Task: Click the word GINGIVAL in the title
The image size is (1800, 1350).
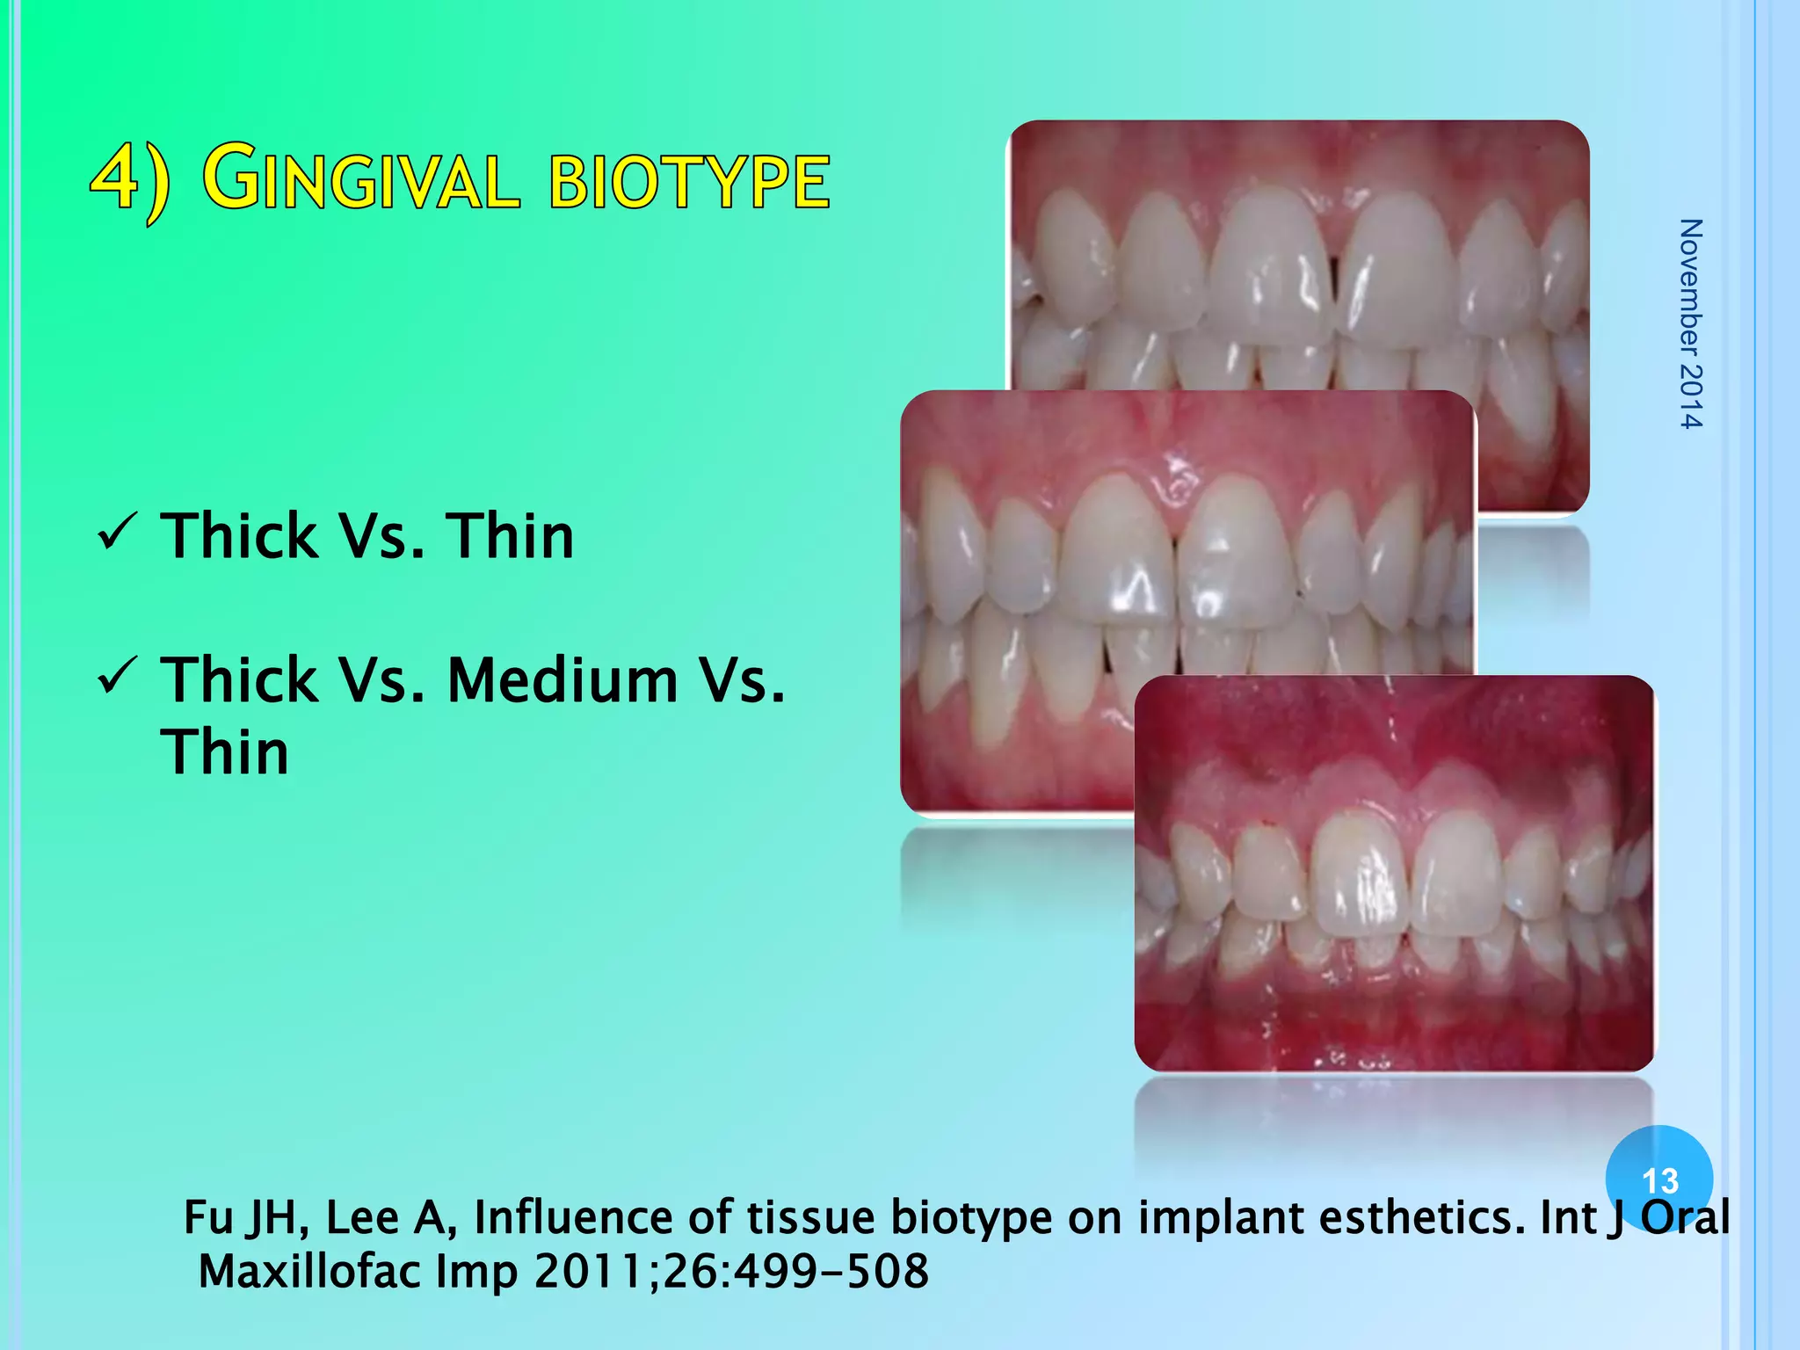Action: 362,180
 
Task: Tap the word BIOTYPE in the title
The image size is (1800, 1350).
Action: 689,182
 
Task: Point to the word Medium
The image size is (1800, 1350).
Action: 562,680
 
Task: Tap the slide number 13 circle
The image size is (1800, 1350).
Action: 1658,1179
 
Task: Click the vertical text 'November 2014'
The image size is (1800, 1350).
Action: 1690,323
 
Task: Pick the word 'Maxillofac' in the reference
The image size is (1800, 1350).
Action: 309,1272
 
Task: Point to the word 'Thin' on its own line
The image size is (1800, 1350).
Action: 225,752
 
